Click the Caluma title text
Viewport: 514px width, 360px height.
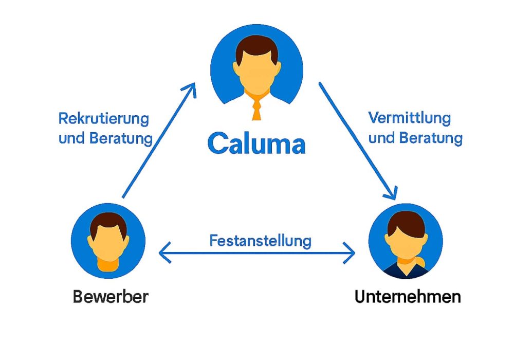coord(256,144)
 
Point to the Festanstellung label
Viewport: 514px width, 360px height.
coord(261,240)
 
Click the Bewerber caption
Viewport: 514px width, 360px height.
coord(111,297)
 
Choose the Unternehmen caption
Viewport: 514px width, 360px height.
coord(408,297)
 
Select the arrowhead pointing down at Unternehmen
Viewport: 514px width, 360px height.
coord(392,194)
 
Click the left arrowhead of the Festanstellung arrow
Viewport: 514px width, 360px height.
coord(163,253)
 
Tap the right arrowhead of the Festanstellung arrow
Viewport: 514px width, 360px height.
coord(351,253)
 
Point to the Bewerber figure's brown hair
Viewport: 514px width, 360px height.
coord(108,223)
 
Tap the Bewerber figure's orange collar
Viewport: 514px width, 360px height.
coord(108,265)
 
